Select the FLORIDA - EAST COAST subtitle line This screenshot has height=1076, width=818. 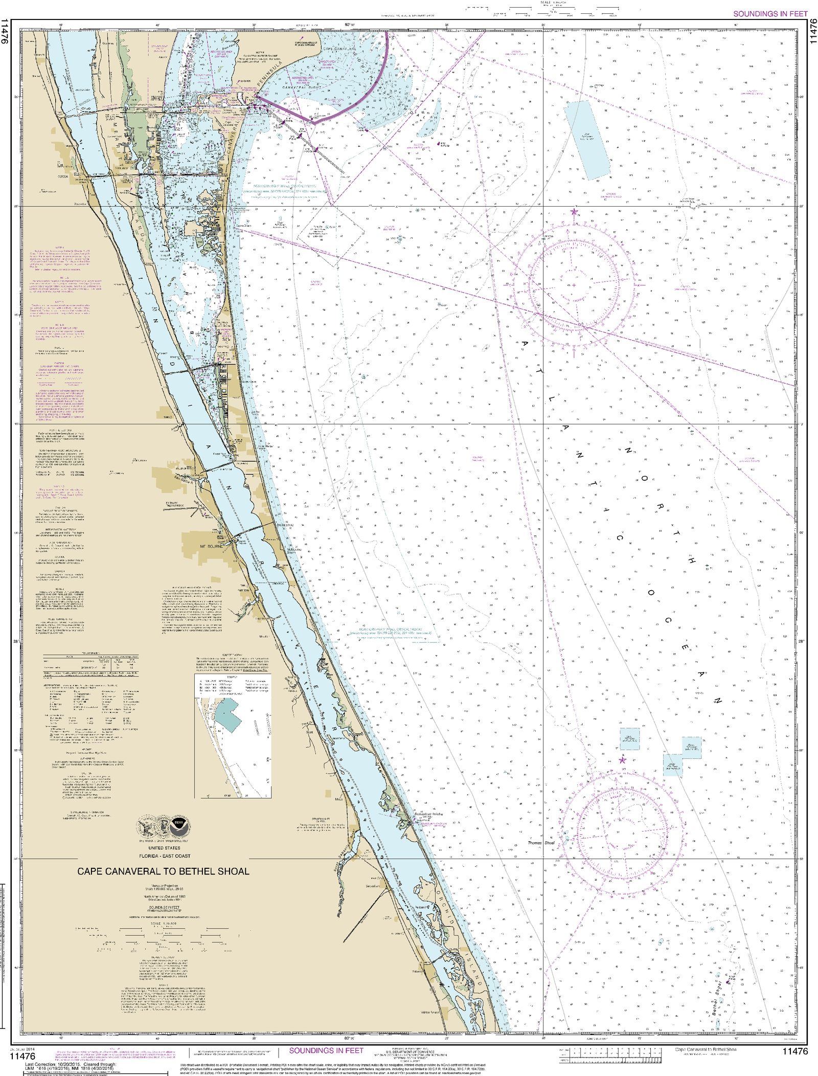tap(165, 856)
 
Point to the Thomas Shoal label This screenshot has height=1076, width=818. tap(541, 843)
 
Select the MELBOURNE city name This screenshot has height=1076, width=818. tap(211, 546)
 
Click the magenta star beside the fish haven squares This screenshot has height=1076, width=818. tap(622, 760)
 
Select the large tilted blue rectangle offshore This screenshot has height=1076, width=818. tap(587, 140)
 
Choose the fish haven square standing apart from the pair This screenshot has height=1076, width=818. tap(629, 738)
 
